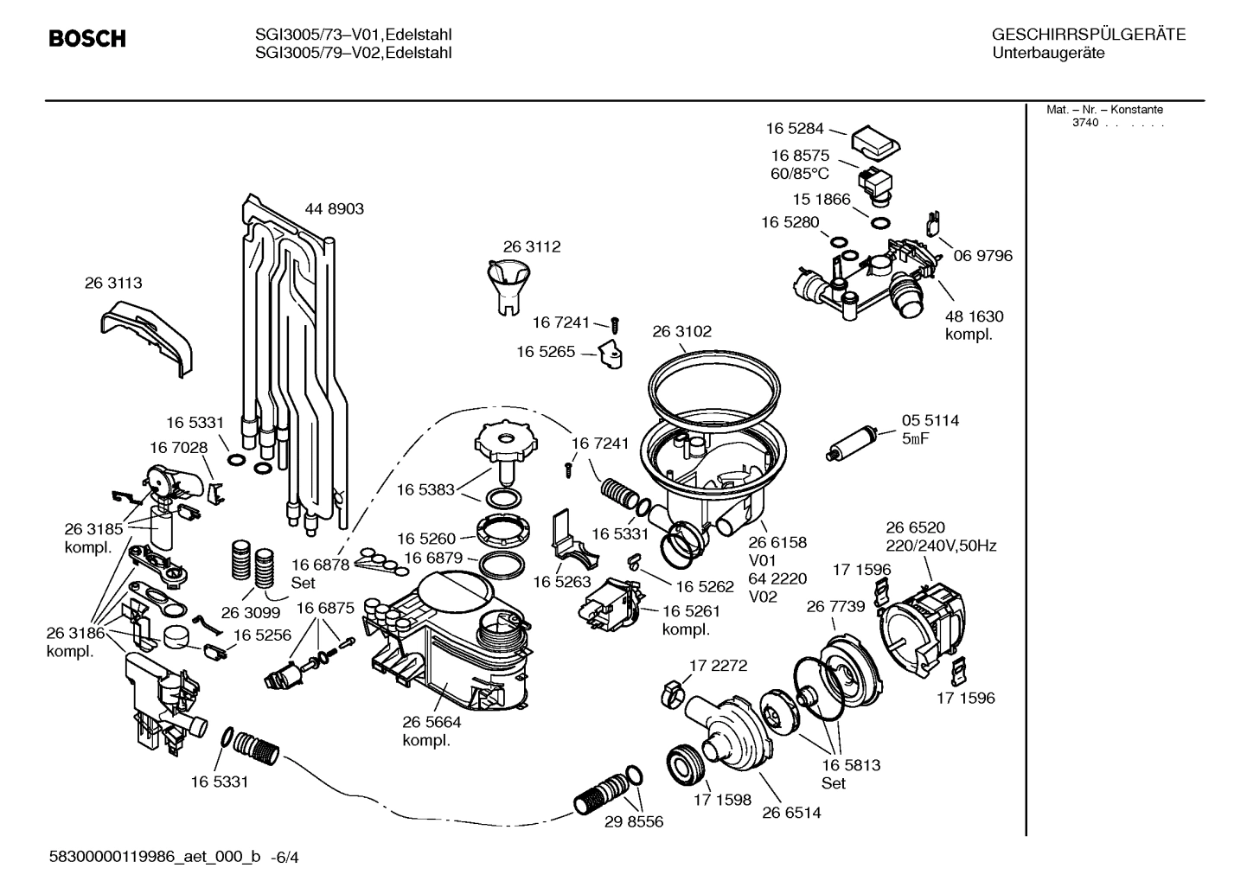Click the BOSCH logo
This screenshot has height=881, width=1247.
pos(87,39)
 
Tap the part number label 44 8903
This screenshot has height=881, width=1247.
pos(334,209)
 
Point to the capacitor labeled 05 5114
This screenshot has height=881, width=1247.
pos(852,442)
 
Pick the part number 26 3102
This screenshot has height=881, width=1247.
pos(681,331)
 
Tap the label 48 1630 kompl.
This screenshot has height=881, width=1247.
pos(974,326)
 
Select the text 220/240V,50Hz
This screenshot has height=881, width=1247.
pos(941,546)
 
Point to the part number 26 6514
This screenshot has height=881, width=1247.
pos(791,813)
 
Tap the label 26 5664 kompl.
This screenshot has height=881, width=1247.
pos(431,731)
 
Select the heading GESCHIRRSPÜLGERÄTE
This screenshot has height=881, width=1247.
pos(1088,35)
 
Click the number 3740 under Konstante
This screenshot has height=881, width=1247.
pos(1085,123)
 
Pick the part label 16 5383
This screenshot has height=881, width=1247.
pos(425,489)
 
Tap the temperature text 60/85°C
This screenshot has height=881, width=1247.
pos(799,174)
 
